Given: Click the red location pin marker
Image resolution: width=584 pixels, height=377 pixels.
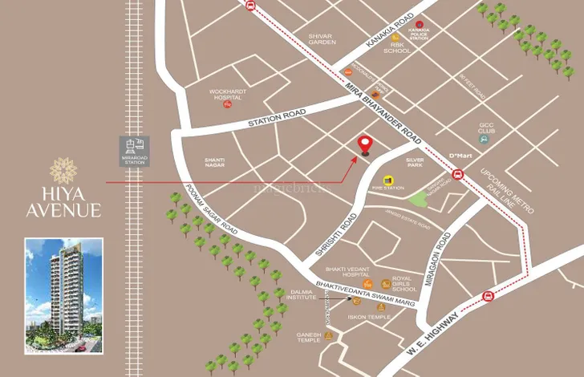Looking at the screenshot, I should click(x=366, y=144).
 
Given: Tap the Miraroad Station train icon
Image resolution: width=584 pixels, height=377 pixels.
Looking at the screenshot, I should click(x=134, y=145).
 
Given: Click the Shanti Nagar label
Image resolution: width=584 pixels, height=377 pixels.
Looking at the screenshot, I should click(x=214, y=162).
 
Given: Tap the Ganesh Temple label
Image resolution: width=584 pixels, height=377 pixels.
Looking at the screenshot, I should click(x=310, y=337).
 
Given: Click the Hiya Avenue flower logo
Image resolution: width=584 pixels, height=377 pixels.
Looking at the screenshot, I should click(x=62, y=171).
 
